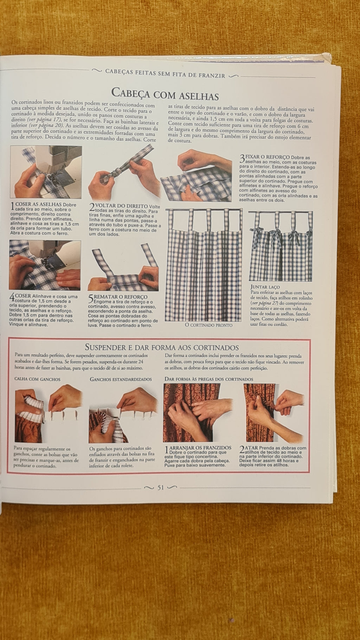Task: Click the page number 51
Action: tap(161, 488)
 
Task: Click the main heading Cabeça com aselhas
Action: tap(165, 94)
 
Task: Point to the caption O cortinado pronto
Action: tap(208, 325)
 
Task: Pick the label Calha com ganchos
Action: tap(37, 379)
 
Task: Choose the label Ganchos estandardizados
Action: tap(121, 379)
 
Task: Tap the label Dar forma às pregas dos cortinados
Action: tap(209, 379)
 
